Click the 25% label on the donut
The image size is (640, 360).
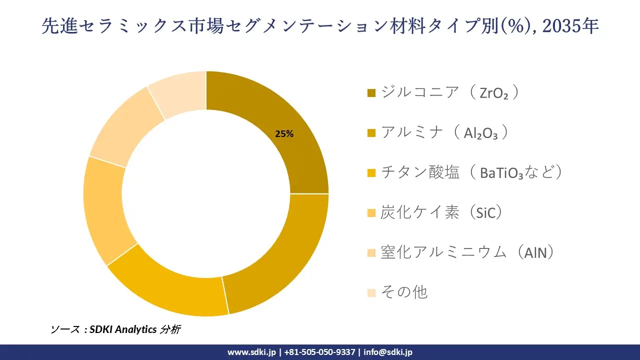click(284, 134)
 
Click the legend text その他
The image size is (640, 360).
click(404, 292)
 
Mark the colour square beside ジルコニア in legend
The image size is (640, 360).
click(371, 93)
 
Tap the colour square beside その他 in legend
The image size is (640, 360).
click(371, 292)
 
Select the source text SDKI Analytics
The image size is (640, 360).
click(123, 329)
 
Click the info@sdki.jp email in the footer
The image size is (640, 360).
click(388, 352)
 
